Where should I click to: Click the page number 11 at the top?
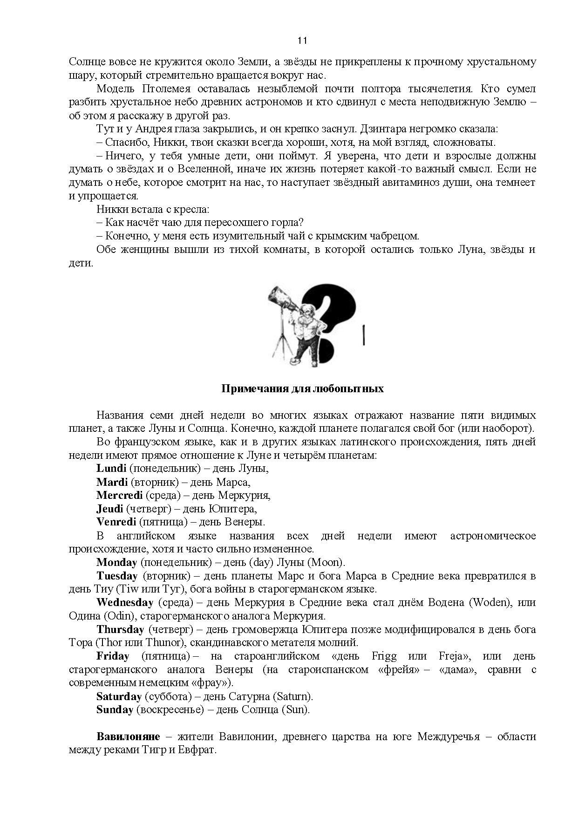click(x=302, y=41)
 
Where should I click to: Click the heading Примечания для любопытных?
click(x=302, y=388)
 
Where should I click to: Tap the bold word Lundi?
click(x=111, y=468)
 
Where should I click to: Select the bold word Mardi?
click(x=112, y=482)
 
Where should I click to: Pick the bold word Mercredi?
click(x=119, y=495)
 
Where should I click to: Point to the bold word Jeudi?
click(x=110, y=509)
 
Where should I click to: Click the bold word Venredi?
click(x=116, y=522)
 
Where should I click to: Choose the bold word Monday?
click(x=117, y=562)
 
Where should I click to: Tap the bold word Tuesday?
click(x=117, y=576)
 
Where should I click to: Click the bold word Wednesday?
click(x=125, y=602)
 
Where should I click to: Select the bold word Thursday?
click(x=120, y=629)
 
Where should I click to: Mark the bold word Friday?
click(x=113, y=656)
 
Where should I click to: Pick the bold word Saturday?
click(x=119, y=697)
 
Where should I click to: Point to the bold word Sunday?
click(x=115, y=710)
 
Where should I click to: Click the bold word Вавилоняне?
click(x=128, y=737)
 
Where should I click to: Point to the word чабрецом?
click(x=390, y=236)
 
